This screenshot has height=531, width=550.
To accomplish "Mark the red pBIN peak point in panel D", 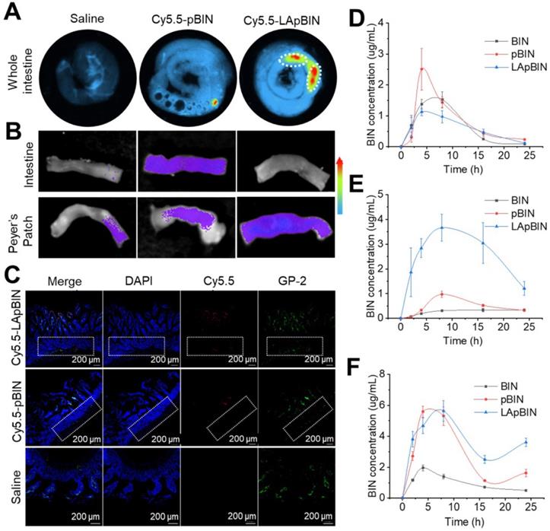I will [x=421, y=68].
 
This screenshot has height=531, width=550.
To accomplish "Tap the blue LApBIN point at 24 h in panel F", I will [x=524, y=442].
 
